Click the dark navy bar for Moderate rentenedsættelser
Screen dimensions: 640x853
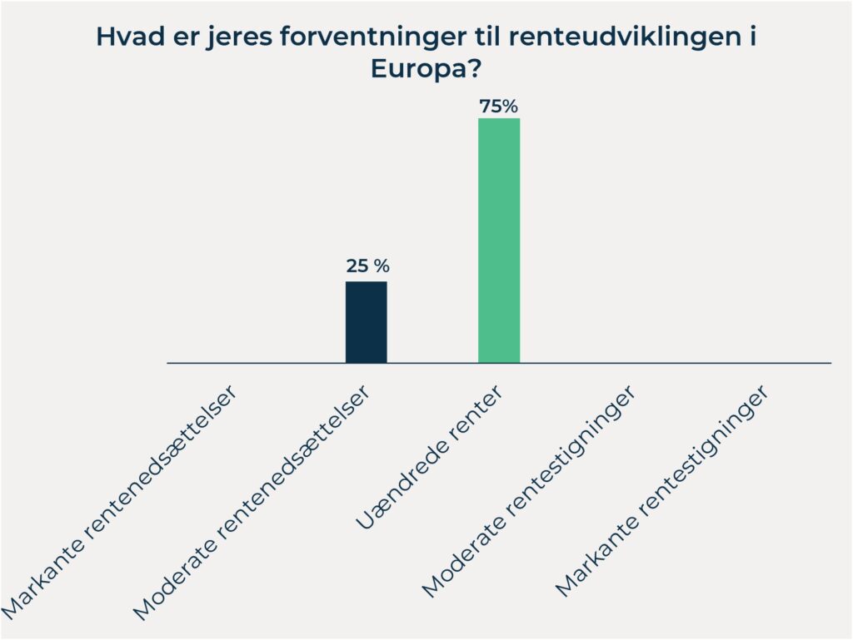pyautogui.click(x=367, y=322)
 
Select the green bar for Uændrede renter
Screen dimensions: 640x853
pyautogui.click(x=499, y=241)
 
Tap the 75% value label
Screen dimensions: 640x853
pyautogui.click(x=499, y=107)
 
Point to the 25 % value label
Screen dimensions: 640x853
pyautogui.click(x=367, y=267)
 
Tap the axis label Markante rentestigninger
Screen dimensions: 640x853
pyautogui.click(x=662, y=490)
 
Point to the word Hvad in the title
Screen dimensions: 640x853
pyautogui.click(x=123, y=37)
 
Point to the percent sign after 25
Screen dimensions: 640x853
pyautogui.click(x=382, y=267)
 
